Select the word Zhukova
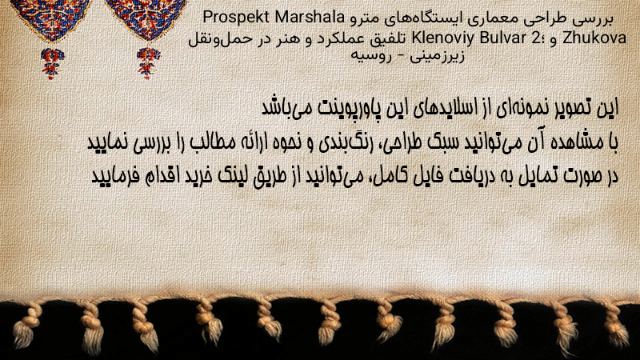click(594, 38)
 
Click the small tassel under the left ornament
click(51, 63)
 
